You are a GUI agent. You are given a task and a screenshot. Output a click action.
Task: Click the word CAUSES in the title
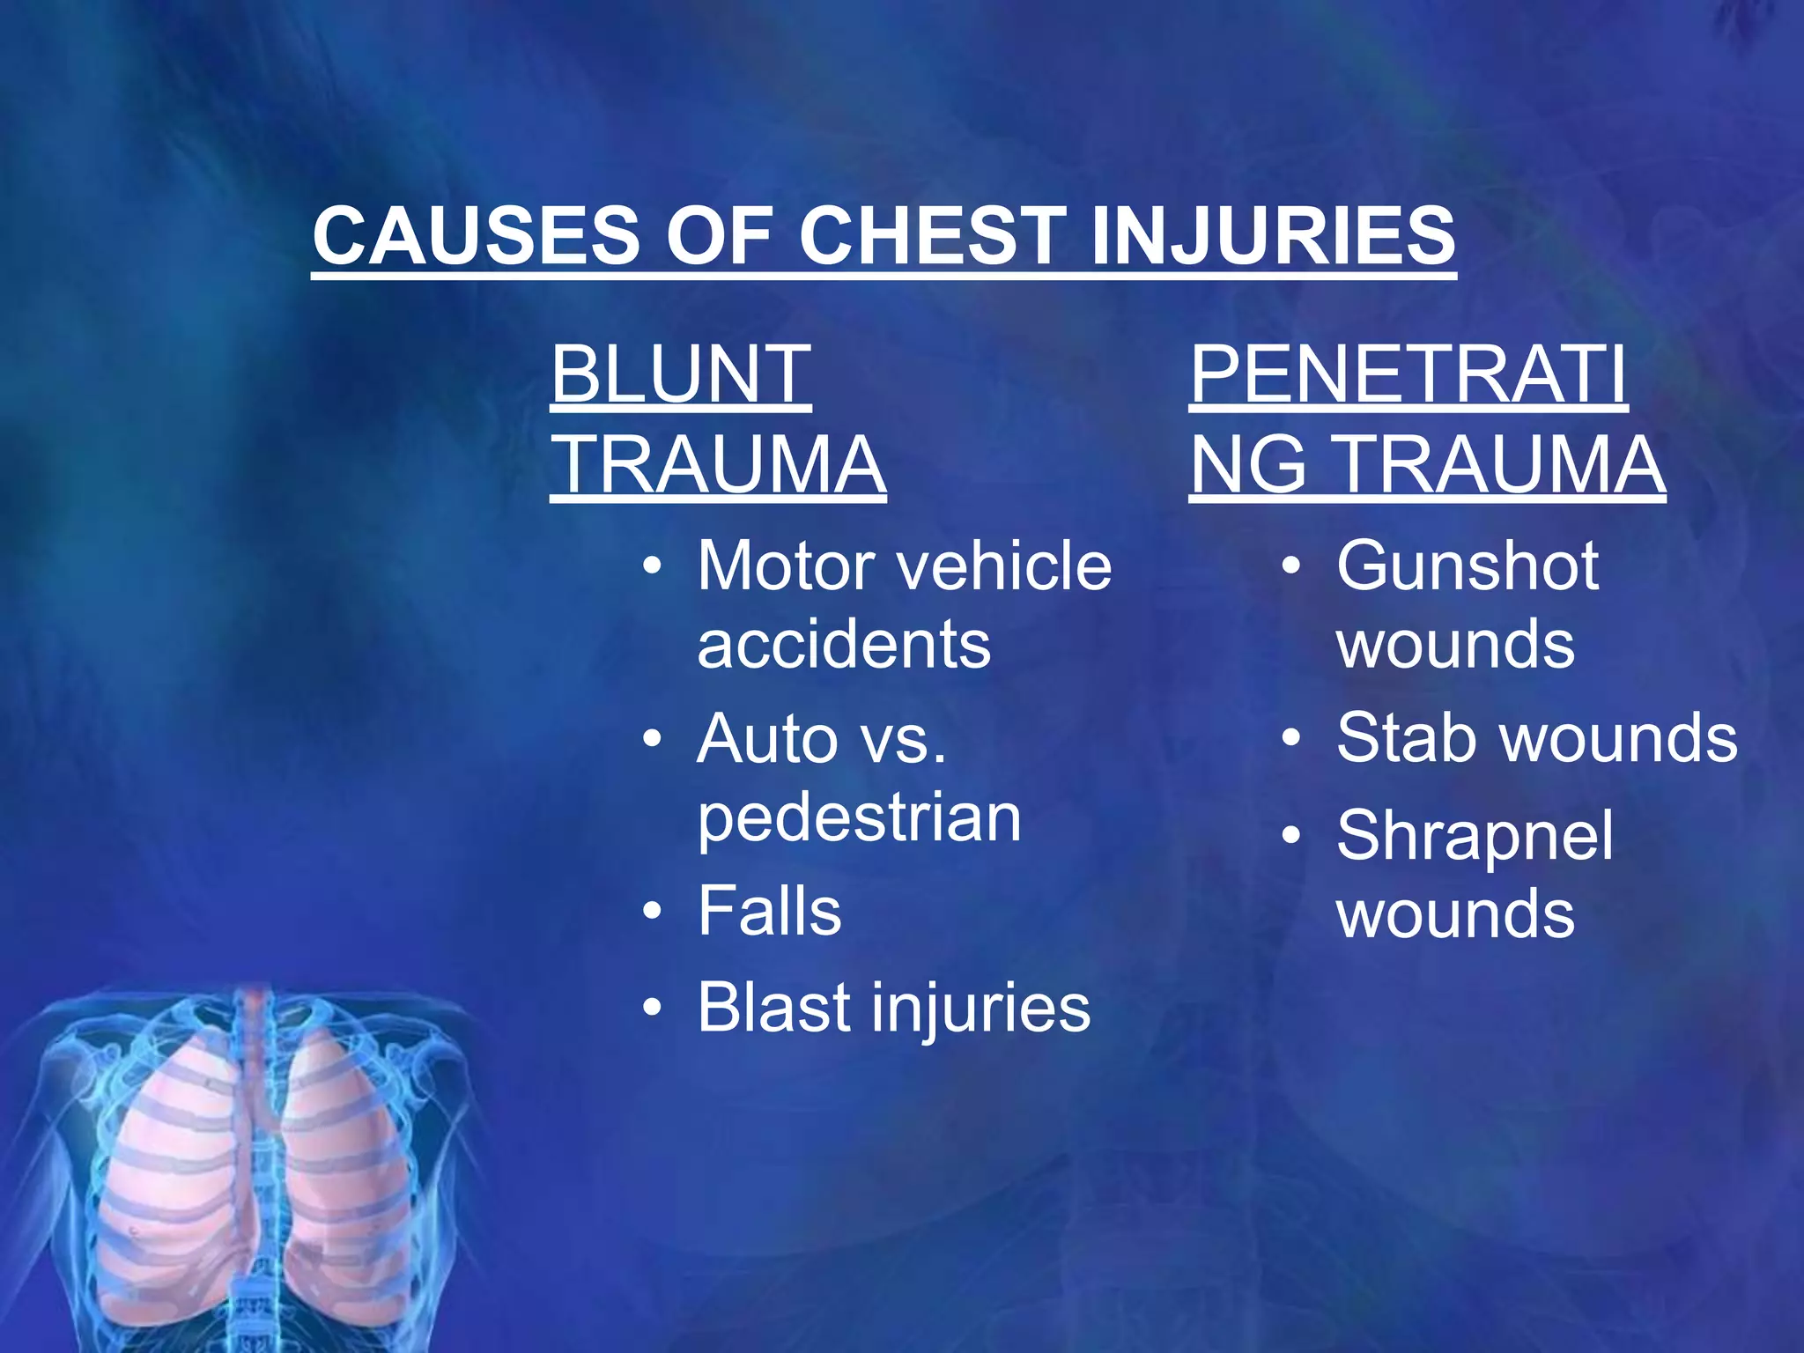click(476, 235)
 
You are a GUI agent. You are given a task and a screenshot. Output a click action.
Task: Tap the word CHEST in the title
click(931, 235)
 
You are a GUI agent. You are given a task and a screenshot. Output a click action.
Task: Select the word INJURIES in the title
click(1272, 235)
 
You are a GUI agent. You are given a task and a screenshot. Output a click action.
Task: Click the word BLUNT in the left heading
click(680, 373)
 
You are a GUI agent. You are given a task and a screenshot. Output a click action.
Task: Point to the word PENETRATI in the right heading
click(1407, 373)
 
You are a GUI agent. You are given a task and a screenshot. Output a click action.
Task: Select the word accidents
click(843, 644)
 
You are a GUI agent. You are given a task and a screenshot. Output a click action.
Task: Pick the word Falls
click(769, 911)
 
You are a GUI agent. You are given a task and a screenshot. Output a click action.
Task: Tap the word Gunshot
click(1467, 566)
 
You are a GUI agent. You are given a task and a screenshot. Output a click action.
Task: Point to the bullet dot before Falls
click(651, 912)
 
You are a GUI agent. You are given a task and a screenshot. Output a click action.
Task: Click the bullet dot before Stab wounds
click(1290, 738)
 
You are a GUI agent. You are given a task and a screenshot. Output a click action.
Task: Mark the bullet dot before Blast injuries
click(651, 1008)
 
